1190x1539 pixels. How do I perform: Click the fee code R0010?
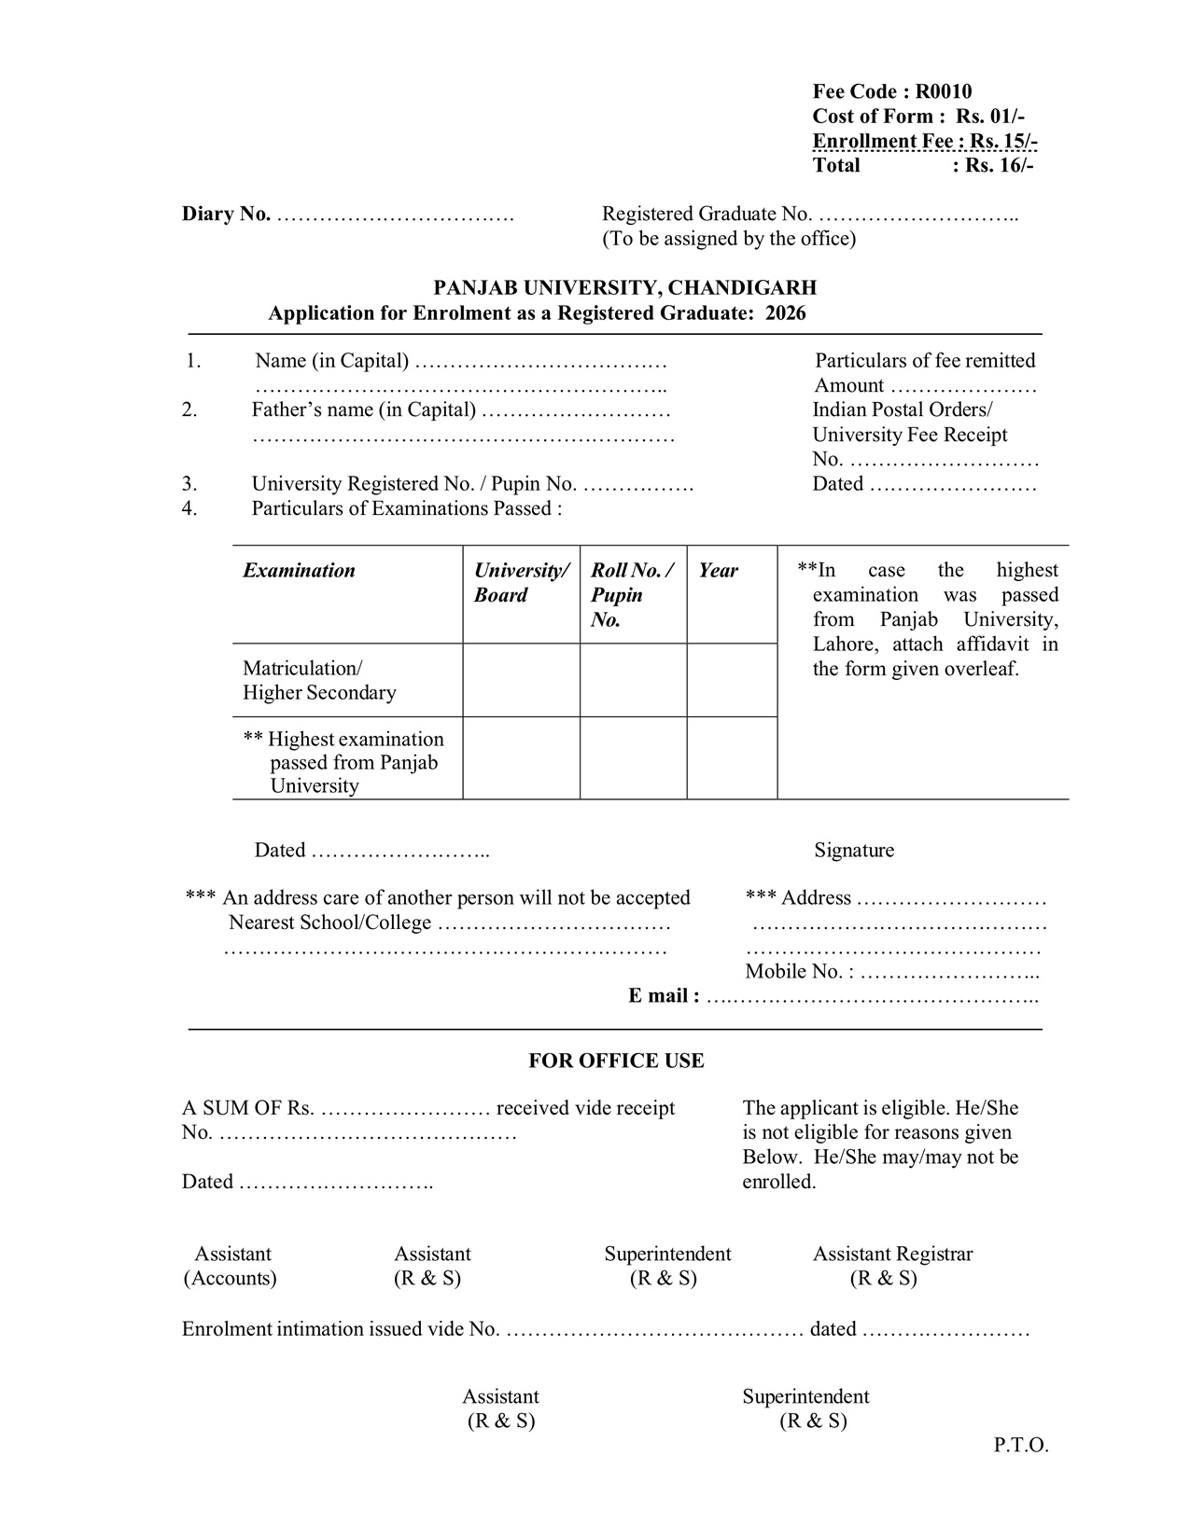[x=943, y=91]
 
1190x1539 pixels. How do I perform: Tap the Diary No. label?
[x=226, y=215]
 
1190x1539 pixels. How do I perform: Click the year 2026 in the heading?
[x=785, y=313]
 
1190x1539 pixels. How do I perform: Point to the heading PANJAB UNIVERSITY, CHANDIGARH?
[x=624, y=288]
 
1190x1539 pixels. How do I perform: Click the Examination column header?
[x=299, y=571]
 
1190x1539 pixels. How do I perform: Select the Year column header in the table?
[x=718, y=571]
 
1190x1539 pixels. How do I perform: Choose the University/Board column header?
[x=521, y=583]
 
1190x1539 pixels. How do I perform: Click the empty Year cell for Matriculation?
[x=732, y=680]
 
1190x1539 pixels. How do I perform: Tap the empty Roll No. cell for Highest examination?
[x=633, y=758]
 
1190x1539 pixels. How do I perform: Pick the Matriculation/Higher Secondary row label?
[x=319, y=680]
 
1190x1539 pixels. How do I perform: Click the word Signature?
[x=853, y=851]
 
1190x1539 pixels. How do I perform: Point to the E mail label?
[x=663, y=996]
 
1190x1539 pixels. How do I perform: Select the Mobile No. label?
[x=799, y=972]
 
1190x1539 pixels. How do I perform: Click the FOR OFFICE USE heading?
[x=616, y=1061]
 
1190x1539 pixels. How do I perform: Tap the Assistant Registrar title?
[x=892, y=1255]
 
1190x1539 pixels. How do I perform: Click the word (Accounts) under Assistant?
[x=230, y=1279]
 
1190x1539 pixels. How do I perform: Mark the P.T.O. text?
[x=1021, y=1447]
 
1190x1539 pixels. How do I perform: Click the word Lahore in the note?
[x=844, y=645]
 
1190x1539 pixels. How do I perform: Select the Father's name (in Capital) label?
[x=363, y=410]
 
